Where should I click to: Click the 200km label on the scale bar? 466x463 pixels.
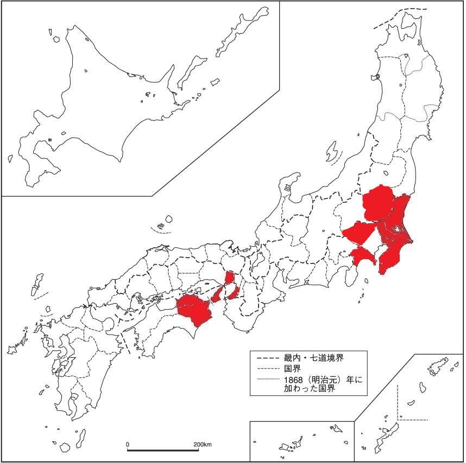[202, 445]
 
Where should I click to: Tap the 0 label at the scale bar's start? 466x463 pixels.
[128, 445]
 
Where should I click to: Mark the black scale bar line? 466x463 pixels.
[163, 450]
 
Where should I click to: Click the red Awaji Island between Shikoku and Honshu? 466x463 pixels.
[218, 294]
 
